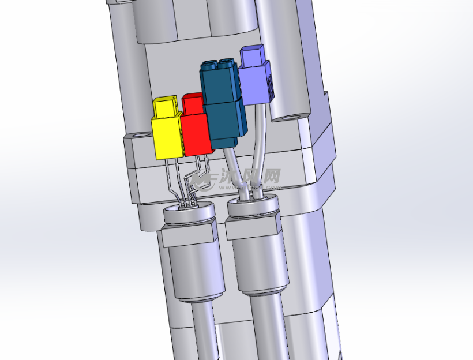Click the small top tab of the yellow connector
pyautogui.click(x=165, y=107)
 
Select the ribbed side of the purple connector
pyautogui.click(x=269, y=84)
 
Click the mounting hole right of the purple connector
pyautogui.click(x=292, y=117)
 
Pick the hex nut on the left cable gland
pyautogui.click(x=189, y=234)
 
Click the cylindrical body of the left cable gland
pyautogui.click(x=196, y=271)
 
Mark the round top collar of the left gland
pyautogui.click(x=189, y=215)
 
